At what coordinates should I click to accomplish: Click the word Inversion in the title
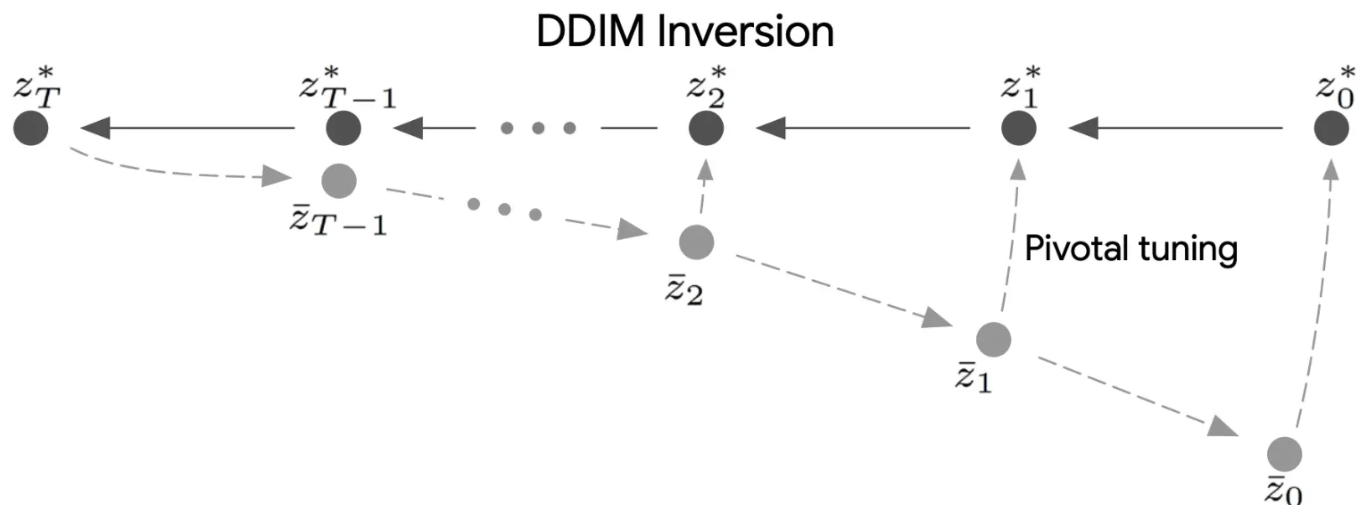point(745,32)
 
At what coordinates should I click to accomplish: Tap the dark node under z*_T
point(31,128)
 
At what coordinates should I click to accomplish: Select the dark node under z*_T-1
point(343,128)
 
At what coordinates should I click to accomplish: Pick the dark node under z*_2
point(706,128)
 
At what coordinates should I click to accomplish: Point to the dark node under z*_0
point(1331,128)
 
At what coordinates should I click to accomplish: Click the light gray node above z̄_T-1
point(339,180)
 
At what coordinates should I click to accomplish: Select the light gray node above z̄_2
point(696,242)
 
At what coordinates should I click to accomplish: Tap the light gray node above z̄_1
point(994,339)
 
